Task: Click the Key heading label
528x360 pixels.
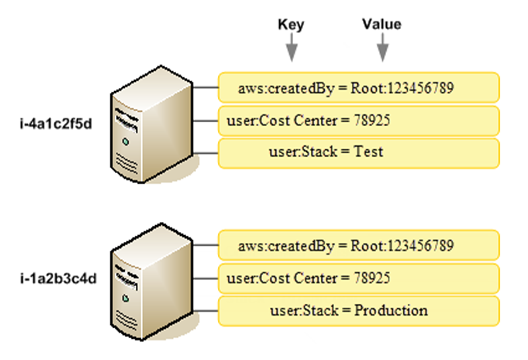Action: [291, 25]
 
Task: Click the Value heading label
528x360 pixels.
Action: [381, 24]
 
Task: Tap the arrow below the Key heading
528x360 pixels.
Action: [291, 50]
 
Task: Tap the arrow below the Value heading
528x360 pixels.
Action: [382, 50]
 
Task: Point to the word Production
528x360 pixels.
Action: [391, 310]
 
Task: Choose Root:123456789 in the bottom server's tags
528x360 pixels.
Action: [402, 246]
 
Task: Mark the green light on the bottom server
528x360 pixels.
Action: [125, 297]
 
